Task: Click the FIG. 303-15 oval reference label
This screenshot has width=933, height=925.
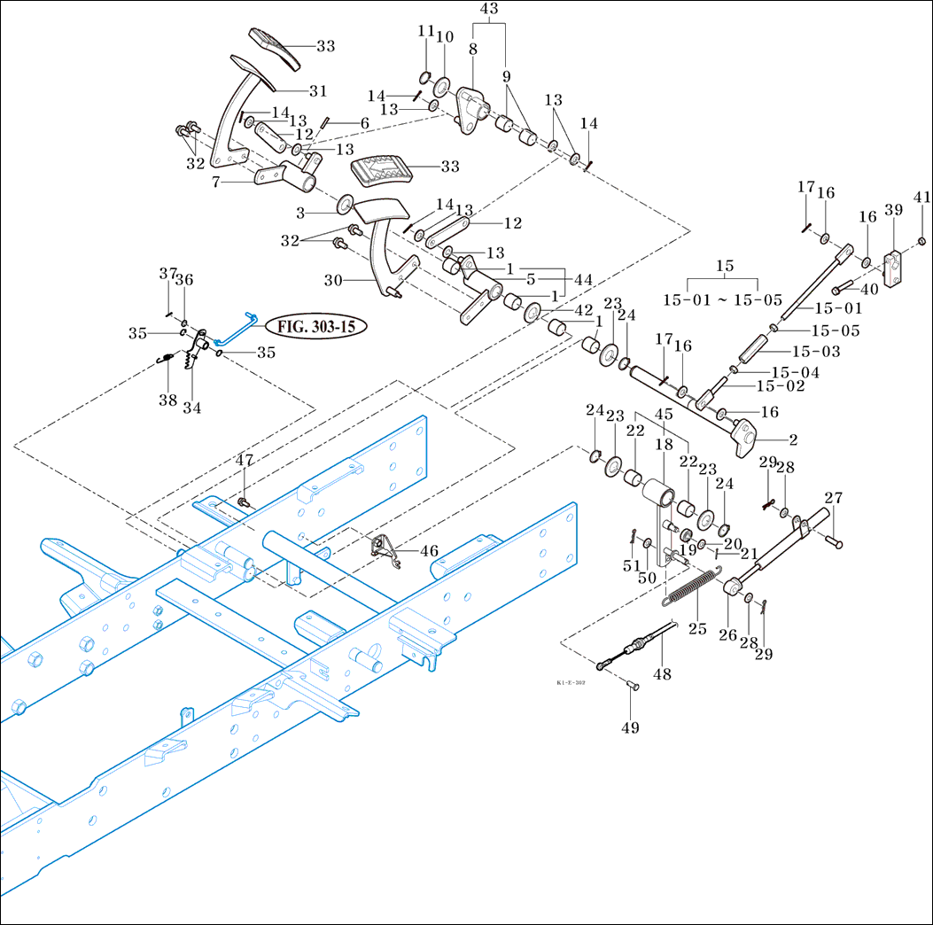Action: click(316, 326)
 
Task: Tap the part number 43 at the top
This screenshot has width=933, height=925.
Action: click(489, 9)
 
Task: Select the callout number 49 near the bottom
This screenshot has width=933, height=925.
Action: click(630, 727)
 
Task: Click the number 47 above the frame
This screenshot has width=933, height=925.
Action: click(244, 460)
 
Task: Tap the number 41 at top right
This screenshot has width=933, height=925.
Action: click(922, 198)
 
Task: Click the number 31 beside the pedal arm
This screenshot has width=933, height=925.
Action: click(318, 90)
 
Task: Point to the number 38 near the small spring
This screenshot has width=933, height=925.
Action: click(167, 400)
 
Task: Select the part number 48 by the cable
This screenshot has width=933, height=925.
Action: click(662, 673)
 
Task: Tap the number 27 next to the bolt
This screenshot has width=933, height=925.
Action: click(834, 497)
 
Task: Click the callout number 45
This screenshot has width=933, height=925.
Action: click(664, 414)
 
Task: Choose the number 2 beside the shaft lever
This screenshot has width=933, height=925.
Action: click(793, 439)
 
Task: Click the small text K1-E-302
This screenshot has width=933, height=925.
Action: click(572, 684)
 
